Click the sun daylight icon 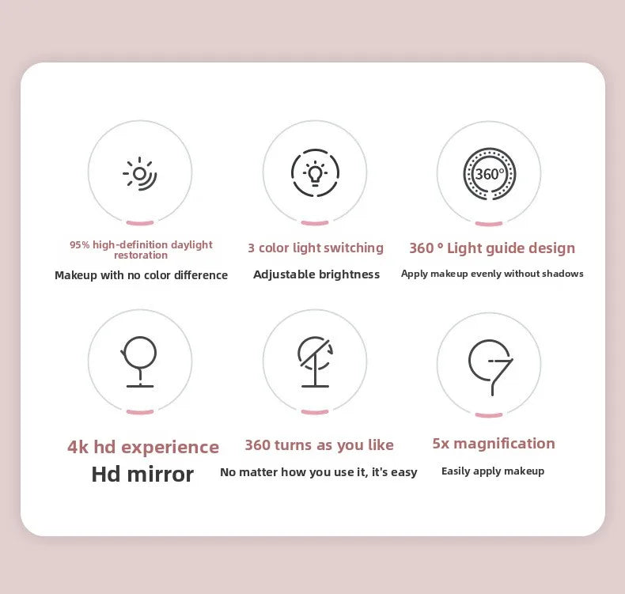[x=140, y=173]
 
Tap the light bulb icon [x=315, y=173]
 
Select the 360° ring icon [x=489, y=174]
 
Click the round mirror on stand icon [x=140, y=361]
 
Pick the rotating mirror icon [x=315, y=361]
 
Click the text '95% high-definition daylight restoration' [x=141, y=250]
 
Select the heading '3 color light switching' [x=315, y=248]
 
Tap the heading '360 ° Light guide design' [x=492, y=248]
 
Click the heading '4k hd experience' [x=143, y=447]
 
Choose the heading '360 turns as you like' [x=319, y=445]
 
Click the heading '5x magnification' [x=494, y=443]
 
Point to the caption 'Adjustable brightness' [x=316, y=274]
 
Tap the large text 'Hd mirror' [x=142, y=474]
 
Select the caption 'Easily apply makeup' [x=493, y=471]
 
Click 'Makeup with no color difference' [x=141, y=275]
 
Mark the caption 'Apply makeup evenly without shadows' [x=492, y=274]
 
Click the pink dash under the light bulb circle [x=315, y=223]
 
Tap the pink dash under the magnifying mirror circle [x=489, y=414]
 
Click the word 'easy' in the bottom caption [x=403, y=472]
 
